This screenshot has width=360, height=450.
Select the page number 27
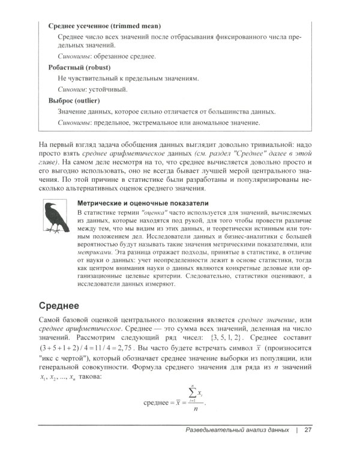tap(308, 430)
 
